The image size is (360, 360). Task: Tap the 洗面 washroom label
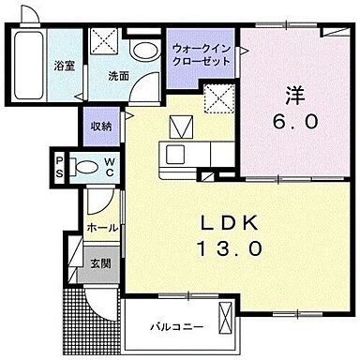click(118, 76)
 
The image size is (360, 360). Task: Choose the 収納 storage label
click(101, 127)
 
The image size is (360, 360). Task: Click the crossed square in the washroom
click(103, 42)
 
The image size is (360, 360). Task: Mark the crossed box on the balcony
click(226, 327)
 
